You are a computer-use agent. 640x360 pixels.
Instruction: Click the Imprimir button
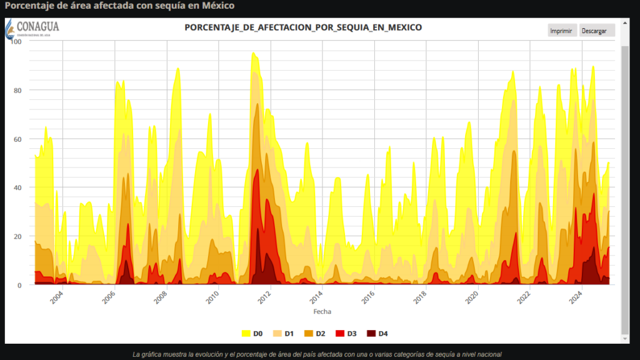coord(561,31)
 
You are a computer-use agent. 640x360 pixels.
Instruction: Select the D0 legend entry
coord(252,333)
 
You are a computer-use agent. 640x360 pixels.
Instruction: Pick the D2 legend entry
coord(316,333)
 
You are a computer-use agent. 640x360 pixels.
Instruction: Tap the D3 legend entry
coord(346,333)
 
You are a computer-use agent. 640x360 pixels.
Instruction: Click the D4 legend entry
coord(377,333)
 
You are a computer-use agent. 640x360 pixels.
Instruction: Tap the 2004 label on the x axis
coord(57,296)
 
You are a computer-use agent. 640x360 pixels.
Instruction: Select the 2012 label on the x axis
coord(264,296)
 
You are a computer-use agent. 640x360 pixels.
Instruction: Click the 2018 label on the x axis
coord(420,296)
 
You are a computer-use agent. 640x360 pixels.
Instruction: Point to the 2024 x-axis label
coord(576,296)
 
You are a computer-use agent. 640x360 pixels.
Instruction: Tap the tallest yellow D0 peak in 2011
coord(253,54)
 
